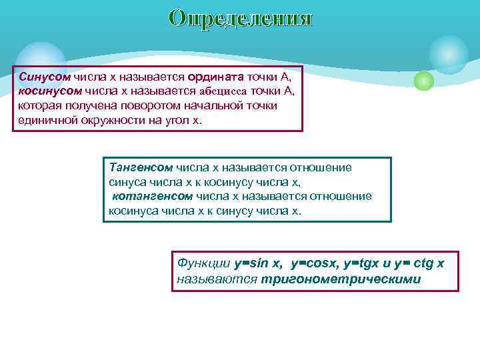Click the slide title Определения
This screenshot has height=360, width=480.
point(240,18)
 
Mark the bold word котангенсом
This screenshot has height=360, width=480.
point(152,196)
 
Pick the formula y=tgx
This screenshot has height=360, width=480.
point(365,263)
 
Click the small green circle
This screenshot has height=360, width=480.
point(424,81)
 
